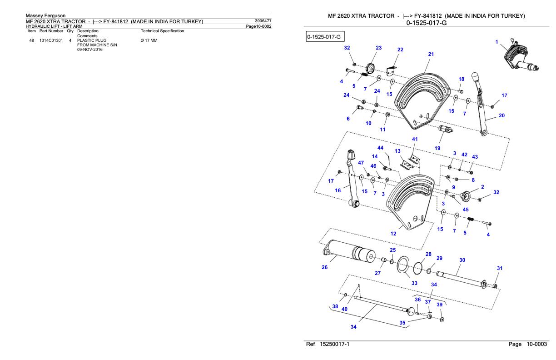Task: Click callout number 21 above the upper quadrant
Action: point(431,54)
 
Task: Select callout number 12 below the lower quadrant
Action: point(393,234)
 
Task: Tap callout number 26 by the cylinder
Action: point(324,267)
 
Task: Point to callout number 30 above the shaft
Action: point(462,260)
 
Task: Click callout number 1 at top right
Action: point(497,42)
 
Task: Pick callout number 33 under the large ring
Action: point(414,283)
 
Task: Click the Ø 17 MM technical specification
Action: point(151,40)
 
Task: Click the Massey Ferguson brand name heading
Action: point(45,16)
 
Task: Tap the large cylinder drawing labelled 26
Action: point(350,252)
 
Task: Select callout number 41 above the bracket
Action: point(415,139)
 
